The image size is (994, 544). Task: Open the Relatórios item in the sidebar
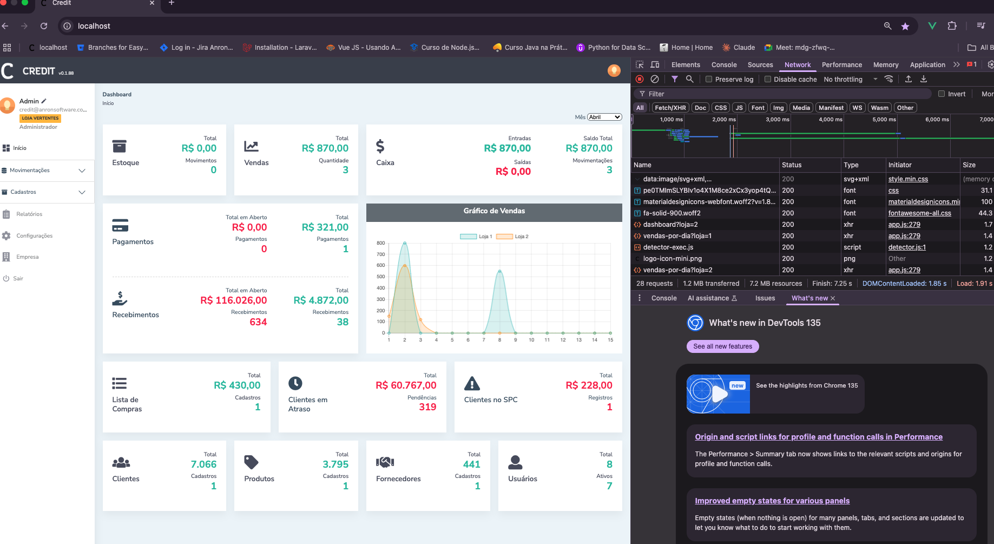[29, 214]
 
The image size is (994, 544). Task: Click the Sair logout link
[18, 279]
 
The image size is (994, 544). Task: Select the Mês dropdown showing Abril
[604, 117]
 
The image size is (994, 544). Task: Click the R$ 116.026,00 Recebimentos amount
[234, 300]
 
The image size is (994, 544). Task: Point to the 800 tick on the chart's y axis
[381, 243]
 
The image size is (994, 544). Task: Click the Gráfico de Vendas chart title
[494, 211]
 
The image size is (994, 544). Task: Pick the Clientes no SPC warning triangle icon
[472, 384]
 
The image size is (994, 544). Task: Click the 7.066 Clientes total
[203, 464]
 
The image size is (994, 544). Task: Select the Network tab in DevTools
[798, 65]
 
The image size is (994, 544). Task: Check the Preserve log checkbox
[709, 79]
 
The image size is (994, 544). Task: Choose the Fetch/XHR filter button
[670, 108]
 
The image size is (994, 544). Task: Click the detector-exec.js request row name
[668, 247]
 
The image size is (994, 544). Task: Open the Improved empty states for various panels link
[772, 501]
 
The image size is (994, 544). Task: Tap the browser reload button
[44, 26]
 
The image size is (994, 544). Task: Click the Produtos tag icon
[251, 462]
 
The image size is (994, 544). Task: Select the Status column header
[792, 165]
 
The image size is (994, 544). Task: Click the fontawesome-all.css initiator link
[919, 213]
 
